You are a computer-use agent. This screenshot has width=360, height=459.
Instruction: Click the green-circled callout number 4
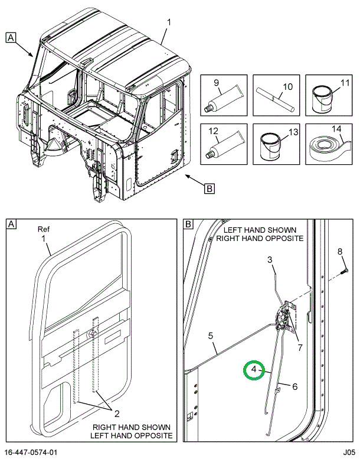point(254,369)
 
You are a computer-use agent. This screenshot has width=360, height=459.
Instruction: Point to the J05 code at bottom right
point(349,452)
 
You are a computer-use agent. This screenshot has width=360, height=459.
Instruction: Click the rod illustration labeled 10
point(275,99)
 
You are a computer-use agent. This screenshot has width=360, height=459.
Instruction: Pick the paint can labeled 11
point(322,99)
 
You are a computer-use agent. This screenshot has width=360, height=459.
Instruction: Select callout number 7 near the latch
point(300,347)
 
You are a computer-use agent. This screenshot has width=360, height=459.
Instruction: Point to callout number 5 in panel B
point(211,336)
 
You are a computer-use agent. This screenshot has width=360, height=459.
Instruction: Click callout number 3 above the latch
point(270,260)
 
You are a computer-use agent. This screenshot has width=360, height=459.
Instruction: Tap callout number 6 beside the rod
point(294,386)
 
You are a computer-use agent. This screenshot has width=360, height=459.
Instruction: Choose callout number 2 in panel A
point(117,414)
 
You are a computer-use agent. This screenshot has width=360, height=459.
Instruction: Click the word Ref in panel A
point(44,229)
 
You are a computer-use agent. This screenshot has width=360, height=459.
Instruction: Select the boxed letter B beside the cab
point(210,188)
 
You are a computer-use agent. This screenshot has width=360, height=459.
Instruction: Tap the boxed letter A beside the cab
point(11,38)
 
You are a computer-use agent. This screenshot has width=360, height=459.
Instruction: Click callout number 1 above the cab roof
point(169,22)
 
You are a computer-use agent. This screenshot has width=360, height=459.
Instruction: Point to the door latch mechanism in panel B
point(284,317)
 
